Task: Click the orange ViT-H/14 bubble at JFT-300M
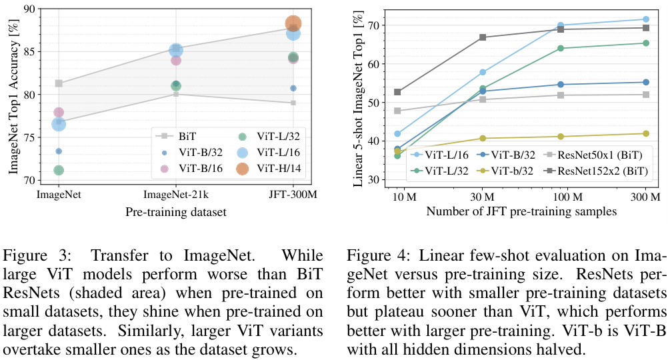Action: tap(293, 23)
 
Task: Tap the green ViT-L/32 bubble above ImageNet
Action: tap(59, 170)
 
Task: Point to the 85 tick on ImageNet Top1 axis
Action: tap(30, 51)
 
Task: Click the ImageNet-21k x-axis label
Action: tap(175, 195)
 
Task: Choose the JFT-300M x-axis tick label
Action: tap(293, 195)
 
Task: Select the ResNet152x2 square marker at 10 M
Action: tap(398, 92)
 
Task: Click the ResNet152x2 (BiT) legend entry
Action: tap(600, 171)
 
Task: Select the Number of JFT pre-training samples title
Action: tap(522, 211)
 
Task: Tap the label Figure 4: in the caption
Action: tap(377, 256)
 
